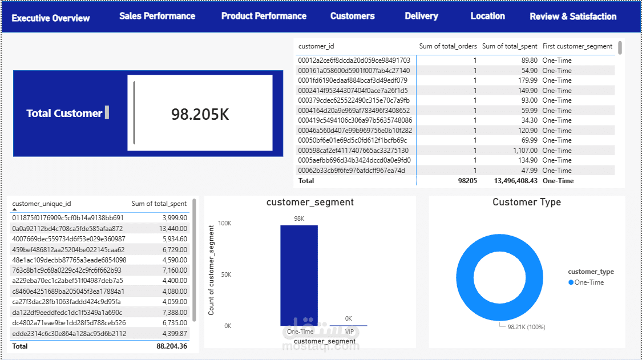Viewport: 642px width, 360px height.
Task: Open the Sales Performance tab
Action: point(158,16)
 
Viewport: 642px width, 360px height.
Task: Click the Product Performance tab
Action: point(264,16)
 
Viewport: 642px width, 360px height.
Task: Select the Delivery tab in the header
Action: point(421,16)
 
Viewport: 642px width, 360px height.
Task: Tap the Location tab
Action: point(488,16)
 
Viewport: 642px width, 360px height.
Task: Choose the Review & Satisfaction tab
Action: point(573,17)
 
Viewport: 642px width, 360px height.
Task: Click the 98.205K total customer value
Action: point(200,114)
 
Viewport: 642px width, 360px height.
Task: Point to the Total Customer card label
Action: point(64,114)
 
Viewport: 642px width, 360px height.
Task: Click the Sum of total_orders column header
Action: point(448,46)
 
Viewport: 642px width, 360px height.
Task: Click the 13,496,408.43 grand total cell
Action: point(515,181)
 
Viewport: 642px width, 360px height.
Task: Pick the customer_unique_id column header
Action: point(41,204)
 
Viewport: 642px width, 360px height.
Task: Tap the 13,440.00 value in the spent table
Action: point(173,229)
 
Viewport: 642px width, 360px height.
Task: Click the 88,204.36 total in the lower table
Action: point(172,346)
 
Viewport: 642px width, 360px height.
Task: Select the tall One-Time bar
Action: point(299,275)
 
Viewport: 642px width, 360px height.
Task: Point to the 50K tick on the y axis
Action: point(226,274)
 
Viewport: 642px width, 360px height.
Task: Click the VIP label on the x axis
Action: point(349,331)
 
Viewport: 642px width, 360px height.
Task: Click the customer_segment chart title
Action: point(310,203)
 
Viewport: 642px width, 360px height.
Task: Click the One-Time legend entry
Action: point(586,282)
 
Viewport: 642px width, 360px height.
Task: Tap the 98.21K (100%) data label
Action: point(526,327)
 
